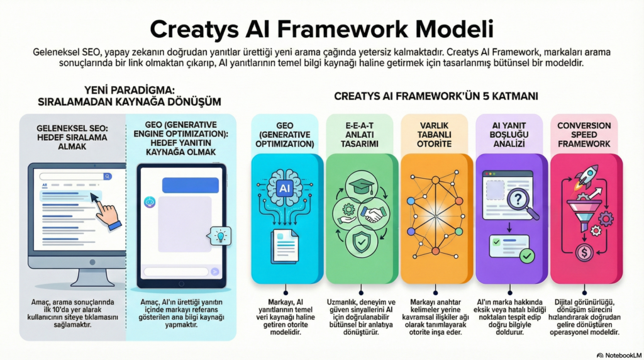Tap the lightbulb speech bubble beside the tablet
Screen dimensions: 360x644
click(219, 235)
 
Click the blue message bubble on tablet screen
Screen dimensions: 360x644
click(190, 185)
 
